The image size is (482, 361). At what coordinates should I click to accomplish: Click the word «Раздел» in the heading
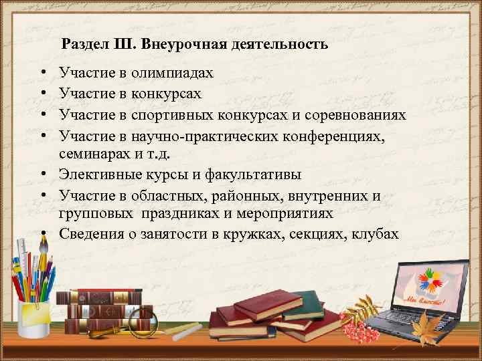[83, 45]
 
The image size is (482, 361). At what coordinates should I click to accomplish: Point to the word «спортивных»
[177, 116]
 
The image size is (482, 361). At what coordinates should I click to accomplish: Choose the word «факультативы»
[258, 175]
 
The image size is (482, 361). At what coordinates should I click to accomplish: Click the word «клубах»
[375, 235]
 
